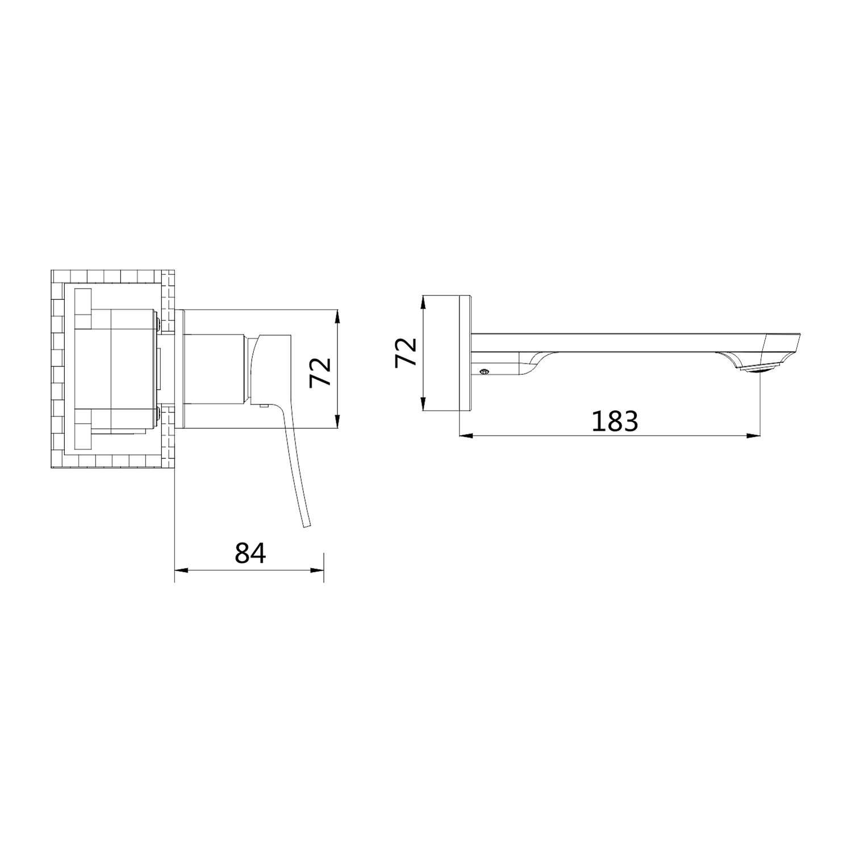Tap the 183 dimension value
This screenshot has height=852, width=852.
coord(615,421)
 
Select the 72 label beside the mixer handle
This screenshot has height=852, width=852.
coord(321,372)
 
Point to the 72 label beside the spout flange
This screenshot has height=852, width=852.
coord(406,353)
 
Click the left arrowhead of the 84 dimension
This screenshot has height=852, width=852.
coord(181,570)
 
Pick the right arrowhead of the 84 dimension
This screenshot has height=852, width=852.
coord(316,570)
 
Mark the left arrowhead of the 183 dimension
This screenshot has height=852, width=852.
coord(466,436)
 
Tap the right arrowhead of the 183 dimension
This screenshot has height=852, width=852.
coord(754,436)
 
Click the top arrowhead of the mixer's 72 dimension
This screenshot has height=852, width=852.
coord(338,316)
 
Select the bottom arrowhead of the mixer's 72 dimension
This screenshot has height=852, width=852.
coord(338,420)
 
